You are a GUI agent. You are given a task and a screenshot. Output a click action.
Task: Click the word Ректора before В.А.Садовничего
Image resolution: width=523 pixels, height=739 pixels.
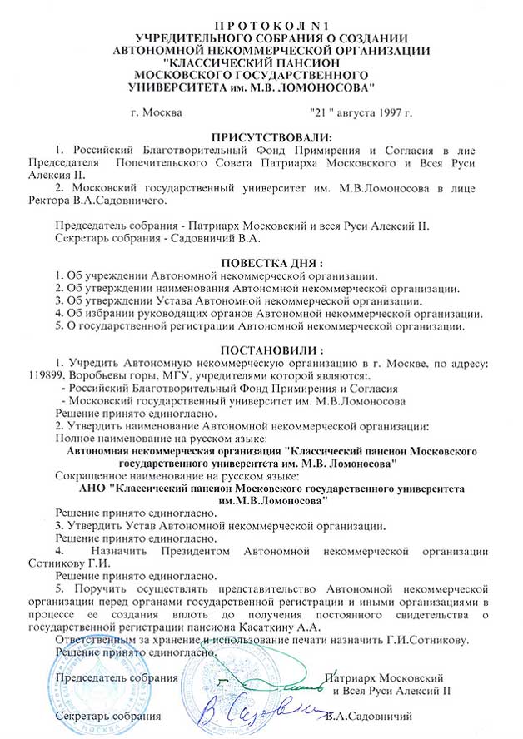52,201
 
